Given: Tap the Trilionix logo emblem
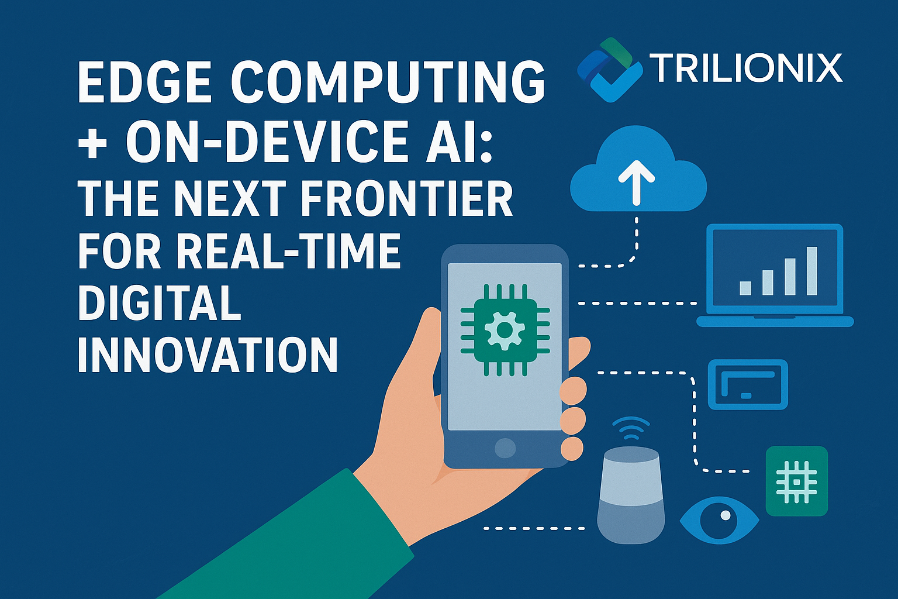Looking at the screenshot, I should (608, 69).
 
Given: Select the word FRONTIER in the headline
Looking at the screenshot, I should (407, 199).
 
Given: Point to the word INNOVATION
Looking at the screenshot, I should (208, 355).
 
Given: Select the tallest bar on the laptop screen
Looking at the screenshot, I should (811, 271).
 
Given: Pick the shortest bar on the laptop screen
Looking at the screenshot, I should (745, 288).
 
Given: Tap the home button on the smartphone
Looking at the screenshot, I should (505, 448).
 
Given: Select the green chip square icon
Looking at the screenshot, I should (796, 481).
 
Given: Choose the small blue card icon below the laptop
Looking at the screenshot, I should (748, 384).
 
